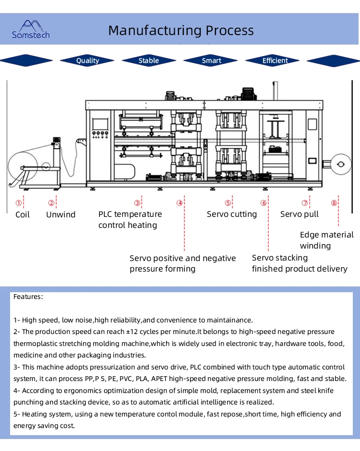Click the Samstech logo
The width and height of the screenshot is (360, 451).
30,29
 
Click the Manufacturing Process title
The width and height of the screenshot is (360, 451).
180,30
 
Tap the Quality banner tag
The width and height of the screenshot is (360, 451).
87,60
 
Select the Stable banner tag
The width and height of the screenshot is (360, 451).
149,60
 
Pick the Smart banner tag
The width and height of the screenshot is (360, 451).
211,60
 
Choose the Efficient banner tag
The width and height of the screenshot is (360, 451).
275,60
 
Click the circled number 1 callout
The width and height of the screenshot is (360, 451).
19,203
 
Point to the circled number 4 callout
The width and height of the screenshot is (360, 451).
180,203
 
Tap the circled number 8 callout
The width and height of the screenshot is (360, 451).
334,203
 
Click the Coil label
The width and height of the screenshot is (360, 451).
23,214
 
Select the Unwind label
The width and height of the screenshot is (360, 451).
60,214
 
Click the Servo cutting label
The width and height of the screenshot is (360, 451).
232,214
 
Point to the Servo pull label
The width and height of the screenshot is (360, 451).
300,214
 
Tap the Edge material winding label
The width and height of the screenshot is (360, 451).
326,240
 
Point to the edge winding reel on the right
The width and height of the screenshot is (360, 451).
341,165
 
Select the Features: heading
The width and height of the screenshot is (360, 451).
28,297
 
